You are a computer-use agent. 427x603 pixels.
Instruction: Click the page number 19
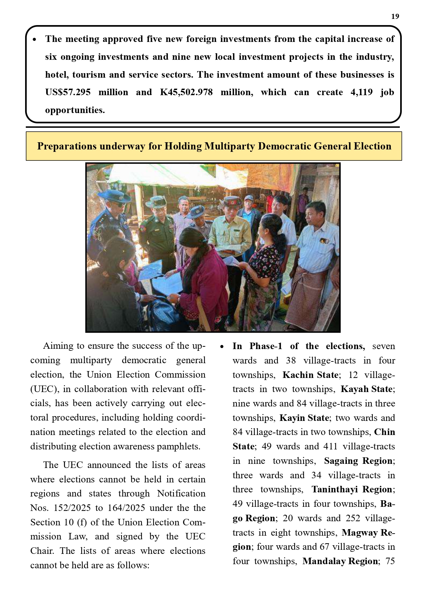(395, 16)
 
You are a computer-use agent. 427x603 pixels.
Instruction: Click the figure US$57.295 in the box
(68, 92)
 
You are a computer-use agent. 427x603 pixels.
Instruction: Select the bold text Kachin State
(310, 375)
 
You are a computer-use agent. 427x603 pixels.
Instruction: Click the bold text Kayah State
(366, 389)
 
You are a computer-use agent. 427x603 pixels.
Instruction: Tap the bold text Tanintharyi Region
(352, 489)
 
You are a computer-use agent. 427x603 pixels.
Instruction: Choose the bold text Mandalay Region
(340, 561)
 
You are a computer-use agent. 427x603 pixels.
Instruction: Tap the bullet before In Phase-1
(222, 346)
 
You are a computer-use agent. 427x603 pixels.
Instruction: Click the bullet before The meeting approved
(35, 40)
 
